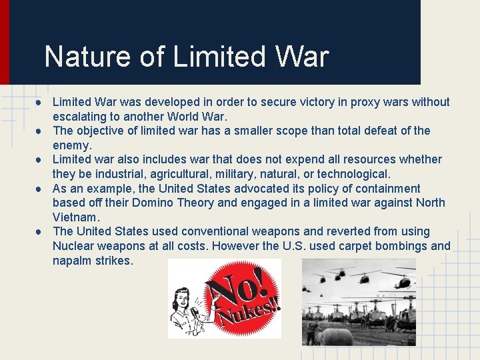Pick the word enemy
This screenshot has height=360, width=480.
(x=71, y=145)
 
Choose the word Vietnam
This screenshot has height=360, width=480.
(x=76, y=217)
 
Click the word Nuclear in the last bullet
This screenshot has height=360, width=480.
(x=73, y=246)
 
